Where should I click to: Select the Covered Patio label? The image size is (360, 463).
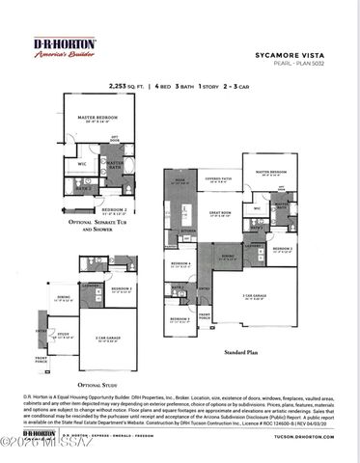pyautogui.click(x=216, y=178)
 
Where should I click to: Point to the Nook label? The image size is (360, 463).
pyautogui.click(x=179, y=179)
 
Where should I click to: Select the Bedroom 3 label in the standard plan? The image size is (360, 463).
pyautogui.click(x=179, y=318)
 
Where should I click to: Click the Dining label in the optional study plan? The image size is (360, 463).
pyautogui.click(x=63, y=297)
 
